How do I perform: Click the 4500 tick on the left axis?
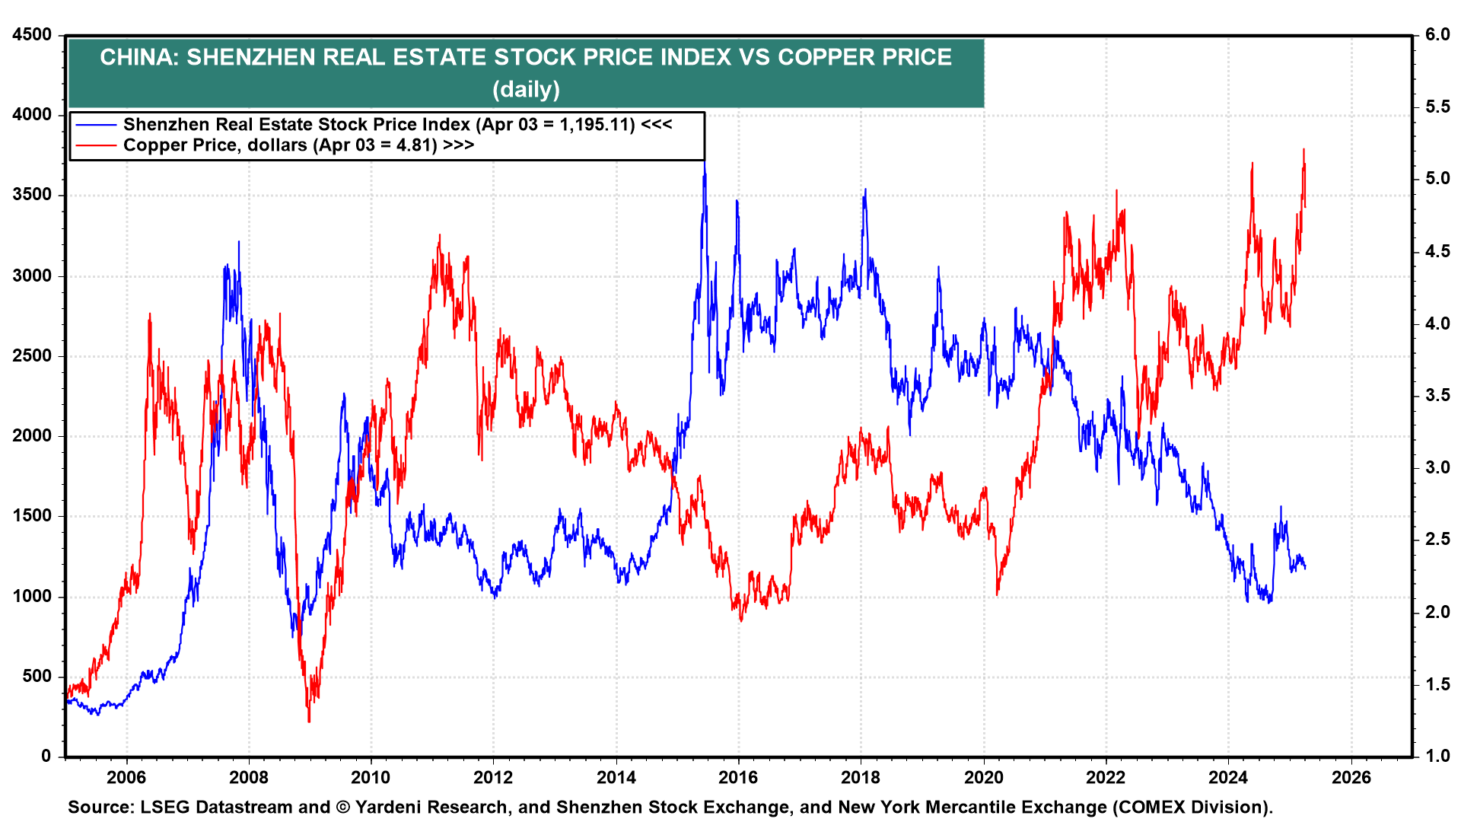tap(32, 35)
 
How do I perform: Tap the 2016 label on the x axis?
tap(738, 777)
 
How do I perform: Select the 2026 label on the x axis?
tap(1351, 777)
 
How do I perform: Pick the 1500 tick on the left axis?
tap(32, 516)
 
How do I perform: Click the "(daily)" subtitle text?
tap(526, 90)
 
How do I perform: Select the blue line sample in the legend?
tap(95, 125)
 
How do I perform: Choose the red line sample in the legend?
tap(95, 145)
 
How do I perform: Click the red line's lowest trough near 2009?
tap(309, 722)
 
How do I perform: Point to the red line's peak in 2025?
tap(1303, 149)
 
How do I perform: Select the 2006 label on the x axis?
tap(126, 777)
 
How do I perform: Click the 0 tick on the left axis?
tap(46, 757)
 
